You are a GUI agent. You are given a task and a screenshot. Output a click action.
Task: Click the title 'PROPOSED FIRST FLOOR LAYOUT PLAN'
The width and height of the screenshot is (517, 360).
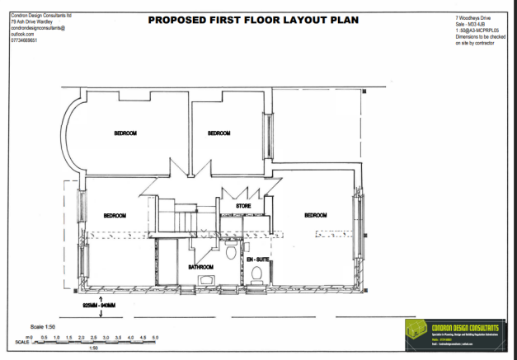pos(253,19)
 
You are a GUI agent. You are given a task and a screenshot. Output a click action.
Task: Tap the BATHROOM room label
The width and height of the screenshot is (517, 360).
pos(200,267)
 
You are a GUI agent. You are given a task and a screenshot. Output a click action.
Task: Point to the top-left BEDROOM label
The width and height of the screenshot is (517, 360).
pos(125,133)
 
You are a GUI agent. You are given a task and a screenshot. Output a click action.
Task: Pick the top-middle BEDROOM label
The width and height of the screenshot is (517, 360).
pos(218,133)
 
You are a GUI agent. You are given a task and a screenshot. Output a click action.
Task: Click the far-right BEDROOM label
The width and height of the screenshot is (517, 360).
pos(316,215)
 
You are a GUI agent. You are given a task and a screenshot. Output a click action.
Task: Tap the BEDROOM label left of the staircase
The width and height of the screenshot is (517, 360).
pos(115,215)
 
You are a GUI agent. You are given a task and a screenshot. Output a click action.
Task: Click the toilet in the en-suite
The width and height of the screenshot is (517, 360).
pos(256,273)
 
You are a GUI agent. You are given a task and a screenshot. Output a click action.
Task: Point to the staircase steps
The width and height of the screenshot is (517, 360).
pos(179,219)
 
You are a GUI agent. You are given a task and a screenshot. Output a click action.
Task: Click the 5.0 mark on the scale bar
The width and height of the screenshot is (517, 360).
pos(154,338)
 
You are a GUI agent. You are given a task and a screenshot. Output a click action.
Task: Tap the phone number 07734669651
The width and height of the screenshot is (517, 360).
pos(24,40)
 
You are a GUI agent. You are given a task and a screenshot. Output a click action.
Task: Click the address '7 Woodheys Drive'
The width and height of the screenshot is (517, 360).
pos(474,17)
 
